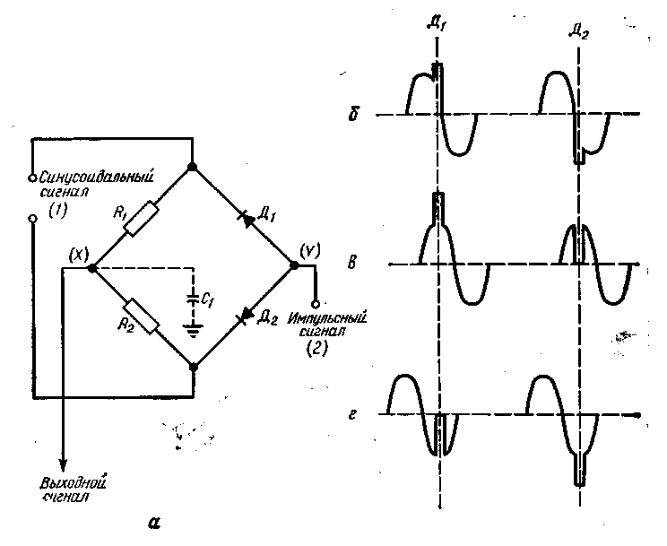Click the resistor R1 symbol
click(142, 219)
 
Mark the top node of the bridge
click(193, 168)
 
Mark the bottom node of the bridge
click(193, 366)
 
